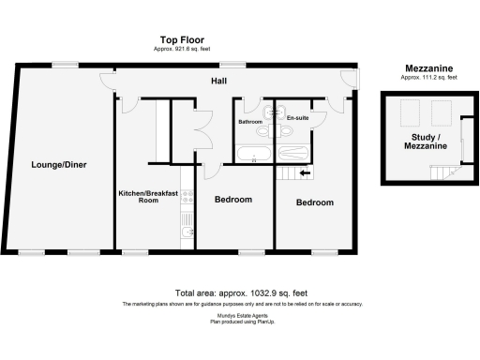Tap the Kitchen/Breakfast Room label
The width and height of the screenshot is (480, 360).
click(x=142, y=196)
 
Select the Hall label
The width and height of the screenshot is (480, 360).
click(x=218, y=82)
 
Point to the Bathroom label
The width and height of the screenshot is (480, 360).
click(x=249, y=122)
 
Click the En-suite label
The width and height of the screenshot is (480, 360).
click(x=297, y=117)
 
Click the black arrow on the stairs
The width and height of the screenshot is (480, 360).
click(x=304, y=172)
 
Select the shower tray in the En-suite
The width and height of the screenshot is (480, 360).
click(x=291, y=153)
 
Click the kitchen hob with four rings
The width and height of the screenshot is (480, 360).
click(x=187, y=198)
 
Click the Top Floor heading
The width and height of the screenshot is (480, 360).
click(x=181, y=40)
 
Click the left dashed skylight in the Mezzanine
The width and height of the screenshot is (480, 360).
click(x=407, y=113)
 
